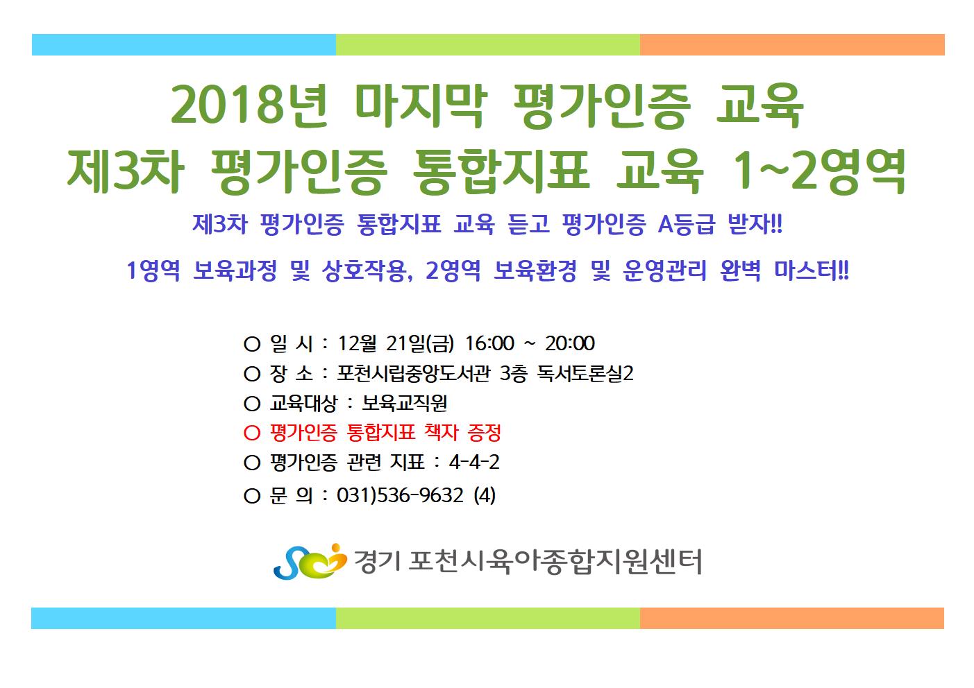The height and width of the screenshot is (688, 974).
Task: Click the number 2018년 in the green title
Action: [x=249, y=105]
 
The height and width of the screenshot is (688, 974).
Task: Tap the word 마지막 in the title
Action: [x=420, y=105]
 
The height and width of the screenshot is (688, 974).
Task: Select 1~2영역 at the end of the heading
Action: [x=818, y=171]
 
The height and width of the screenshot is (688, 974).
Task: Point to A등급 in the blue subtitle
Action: [x=686, y=224]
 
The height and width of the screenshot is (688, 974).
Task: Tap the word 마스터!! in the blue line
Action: [x=812, y=270]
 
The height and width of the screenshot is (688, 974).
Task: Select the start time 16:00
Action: [x=489, y=343]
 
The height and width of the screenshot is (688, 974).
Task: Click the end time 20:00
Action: [x=570, y=343]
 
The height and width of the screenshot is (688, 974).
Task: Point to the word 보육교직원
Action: [x=404, y=404]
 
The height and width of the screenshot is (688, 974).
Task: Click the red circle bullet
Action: [x=252, y=433]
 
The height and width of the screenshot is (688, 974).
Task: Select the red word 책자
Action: [x=441, y=433]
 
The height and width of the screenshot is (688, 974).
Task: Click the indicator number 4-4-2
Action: [x=474, y=462]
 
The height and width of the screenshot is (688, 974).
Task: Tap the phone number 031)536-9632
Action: [x=400, y=496]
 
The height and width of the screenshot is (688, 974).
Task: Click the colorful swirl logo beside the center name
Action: [x=310, y=561]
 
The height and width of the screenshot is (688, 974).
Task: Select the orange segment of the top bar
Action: [x=792, y=45]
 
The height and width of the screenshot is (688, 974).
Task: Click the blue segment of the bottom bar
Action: [x=183, y=618]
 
